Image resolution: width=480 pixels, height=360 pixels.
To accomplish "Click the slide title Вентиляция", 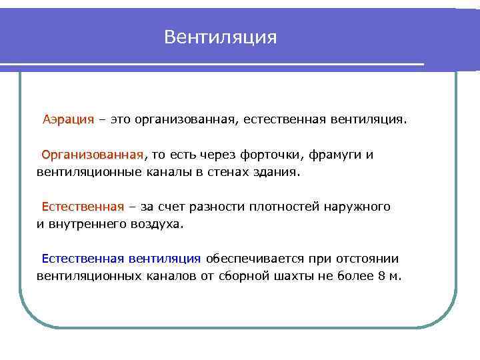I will [220, 37].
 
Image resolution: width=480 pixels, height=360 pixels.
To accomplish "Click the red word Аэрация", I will [69, 121].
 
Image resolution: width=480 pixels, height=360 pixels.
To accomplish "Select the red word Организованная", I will [92, 155].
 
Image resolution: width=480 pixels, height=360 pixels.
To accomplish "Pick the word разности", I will [219, 207].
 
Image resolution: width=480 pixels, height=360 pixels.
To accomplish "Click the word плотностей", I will [283, 207].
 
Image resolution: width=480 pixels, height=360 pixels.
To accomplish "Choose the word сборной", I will [243, 276].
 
